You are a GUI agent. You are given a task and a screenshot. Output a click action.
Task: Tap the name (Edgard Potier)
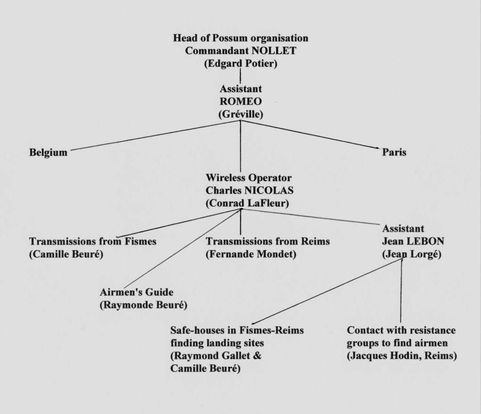[x=241, y=64]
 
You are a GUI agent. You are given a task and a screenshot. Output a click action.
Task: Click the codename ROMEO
[x=241, y=101]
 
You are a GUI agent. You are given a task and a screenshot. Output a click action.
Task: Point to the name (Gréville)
[x=241, y=114]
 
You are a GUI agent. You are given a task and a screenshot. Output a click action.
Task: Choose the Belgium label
[x=48, y=153]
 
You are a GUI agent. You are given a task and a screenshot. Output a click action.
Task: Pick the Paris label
[x=394, y=152]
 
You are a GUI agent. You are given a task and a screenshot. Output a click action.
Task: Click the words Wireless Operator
[x=249, y=178]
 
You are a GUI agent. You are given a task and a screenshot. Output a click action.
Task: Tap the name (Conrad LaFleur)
[x=247, y=203]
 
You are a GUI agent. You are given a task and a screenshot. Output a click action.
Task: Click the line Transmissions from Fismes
[x=92, y=242]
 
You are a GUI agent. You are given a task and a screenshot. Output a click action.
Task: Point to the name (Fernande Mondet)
[x=251, y=254]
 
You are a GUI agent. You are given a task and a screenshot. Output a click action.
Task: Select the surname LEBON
[x=425, y=242]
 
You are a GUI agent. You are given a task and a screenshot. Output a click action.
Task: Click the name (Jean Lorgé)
[x=412, y=254]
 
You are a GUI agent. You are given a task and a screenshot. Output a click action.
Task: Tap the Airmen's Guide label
[x=136, y=292]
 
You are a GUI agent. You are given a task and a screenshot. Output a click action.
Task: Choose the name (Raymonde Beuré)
[x=143, y=305]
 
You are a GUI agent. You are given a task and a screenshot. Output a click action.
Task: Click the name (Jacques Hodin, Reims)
[x=402, y=356]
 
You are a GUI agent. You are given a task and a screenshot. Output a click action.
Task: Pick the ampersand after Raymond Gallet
[x=257, y=356]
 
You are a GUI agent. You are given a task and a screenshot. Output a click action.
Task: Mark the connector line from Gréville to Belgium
[x=155, y=135]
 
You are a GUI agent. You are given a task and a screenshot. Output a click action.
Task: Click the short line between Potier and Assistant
[x=240, y=76]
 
